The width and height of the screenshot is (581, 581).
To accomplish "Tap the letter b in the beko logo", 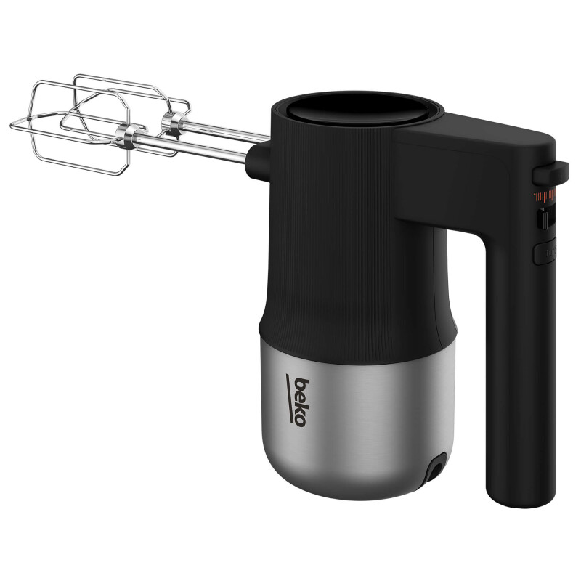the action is tap(302, 384).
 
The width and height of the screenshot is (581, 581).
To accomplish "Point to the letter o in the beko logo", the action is tap(300, 421).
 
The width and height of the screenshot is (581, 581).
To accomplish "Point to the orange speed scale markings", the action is tap(545, 195).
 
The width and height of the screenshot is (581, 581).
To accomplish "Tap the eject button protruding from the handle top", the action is tap(550, 173).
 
